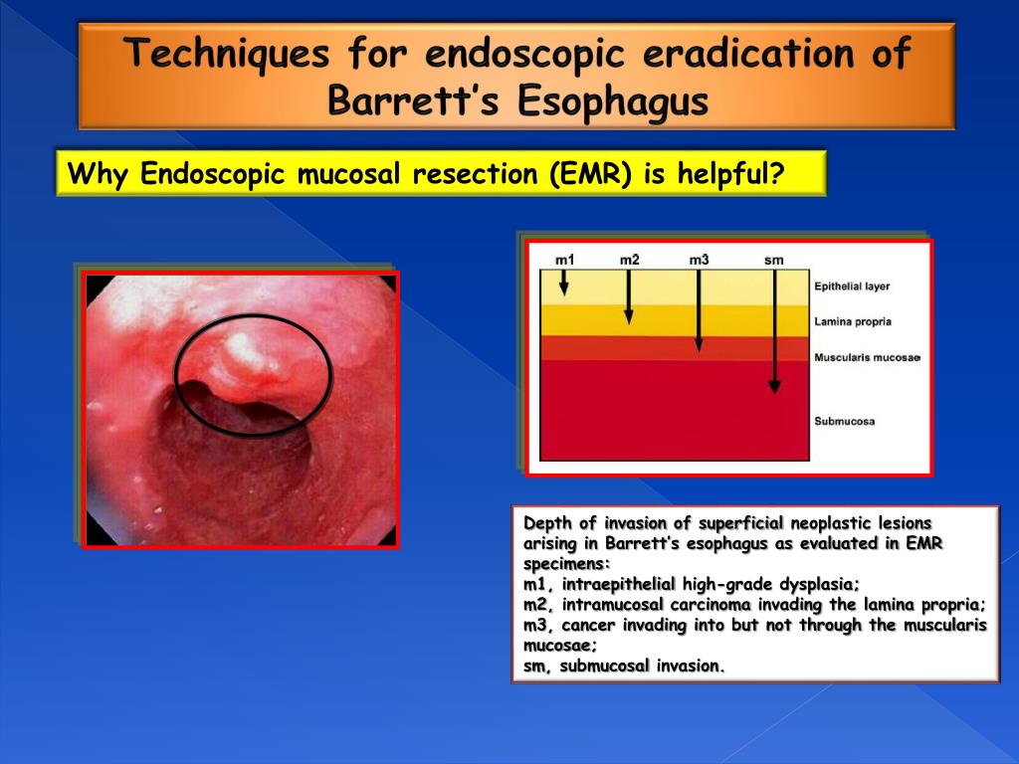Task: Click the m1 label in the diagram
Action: [x=564, y=260]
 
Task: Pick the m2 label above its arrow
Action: [x=629, y=260]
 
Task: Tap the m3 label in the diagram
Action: [x=699, y=260]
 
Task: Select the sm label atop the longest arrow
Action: [x=773, y=260]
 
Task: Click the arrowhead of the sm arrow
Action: [x=773, y=390]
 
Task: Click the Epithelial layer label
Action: [x=852, y=286]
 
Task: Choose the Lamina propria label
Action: [x=852, y=321]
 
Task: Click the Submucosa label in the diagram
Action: [x=844, y=421]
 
